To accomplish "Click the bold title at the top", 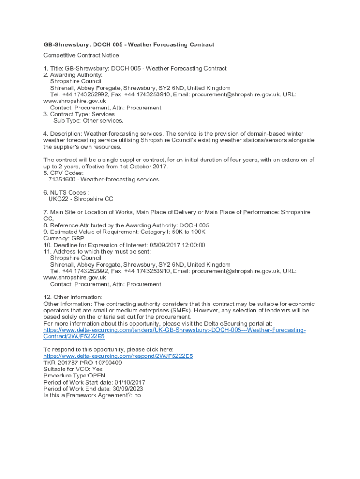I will [x=129, y=44].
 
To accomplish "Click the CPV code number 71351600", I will [x=62, y=179].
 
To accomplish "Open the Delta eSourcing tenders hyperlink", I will [x=174, y=330].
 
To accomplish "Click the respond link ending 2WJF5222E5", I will [x=118, y=356].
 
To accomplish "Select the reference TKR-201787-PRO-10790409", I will [x=82, y=363].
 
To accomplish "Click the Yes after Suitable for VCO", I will [x=97, y=369].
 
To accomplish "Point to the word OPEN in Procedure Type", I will [x=96, y=376].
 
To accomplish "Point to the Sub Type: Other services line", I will [x=82, y=120].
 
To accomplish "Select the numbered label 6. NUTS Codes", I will [x=66, y=192].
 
